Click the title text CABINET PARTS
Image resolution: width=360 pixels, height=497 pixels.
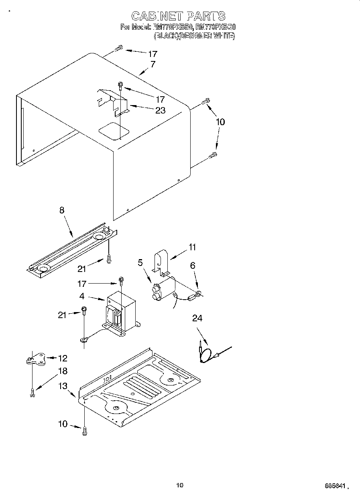pyautogui.click(x=178, y=16)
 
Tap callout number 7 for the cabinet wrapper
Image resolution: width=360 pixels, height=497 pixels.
pyautogui.click(x=153, y=64)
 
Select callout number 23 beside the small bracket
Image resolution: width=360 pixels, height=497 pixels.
pyautogui.click(x=160, y=111)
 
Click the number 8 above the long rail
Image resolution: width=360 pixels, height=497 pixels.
pyautogui.click(x=62, y=210)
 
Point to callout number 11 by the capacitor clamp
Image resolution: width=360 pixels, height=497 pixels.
pyautogui.click(x=193, y=247)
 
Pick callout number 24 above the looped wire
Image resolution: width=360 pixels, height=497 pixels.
pyautogui.click(x=197, y=318)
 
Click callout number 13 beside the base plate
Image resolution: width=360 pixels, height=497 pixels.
pyautogui.click(x=63, y=386)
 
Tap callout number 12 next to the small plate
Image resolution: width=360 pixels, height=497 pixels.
pyautogui.click(x=63, y=358)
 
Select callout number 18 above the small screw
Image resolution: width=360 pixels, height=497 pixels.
pyautogui.click(x=63, y=371)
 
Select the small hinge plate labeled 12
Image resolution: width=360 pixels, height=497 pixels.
pyautogui.click(x=36, y=359)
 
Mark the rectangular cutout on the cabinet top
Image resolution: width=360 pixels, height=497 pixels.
pyautogui.click(x=114, y=130)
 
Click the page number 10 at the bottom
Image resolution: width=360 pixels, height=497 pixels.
pyautogui.click(x=179, y=485)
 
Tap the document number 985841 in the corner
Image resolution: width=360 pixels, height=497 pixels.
pyautogui.click(x=335, y=486)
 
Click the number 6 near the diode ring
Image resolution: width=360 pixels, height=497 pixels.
pyautogui.click(x=193, y=265)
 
